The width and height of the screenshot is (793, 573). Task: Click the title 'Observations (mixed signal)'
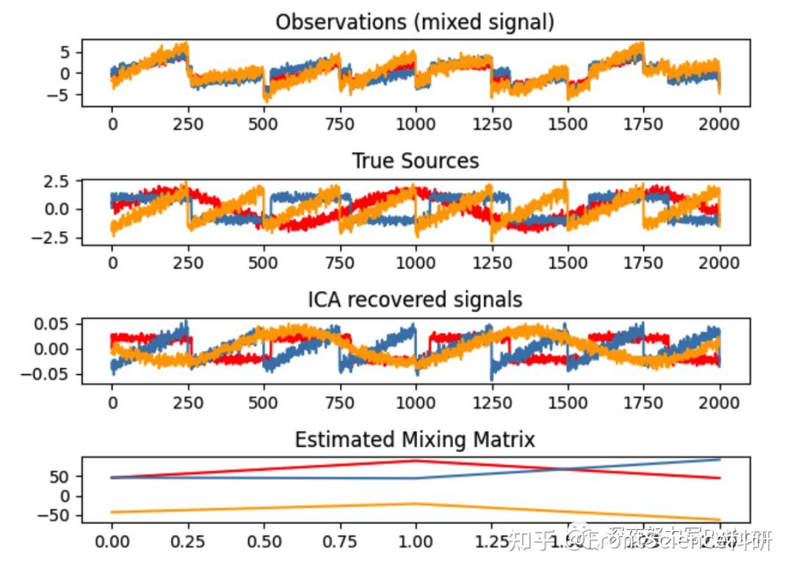(415, 22)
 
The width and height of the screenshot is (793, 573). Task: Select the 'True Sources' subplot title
(415, 161)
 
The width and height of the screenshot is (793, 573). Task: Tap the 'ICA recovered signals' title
(415, 299)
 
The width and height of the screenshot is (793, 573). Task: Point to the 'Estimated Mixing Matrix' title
(415, 439)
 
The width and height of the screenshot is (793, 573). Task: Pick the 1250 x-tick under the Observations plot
(491, 124)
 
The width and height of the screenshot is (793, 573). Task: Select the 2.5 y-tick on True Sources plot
(54, 180)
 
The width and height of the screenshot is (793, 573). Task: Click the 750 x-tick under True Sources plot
(339, 263)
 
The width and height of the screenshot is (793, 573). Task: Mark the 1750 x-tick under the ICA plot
(643, 402)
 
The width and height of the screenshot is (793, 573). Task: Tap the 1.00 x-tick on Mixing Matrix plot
(416, 542)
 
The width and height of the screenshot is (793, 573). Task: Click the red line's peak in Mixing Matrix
(416, 461)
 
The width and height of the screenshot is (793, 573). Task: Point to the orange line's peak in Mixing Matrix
(416, 504)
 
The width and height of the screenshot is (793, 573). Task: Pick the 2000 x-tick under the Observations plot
(720, 124)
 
